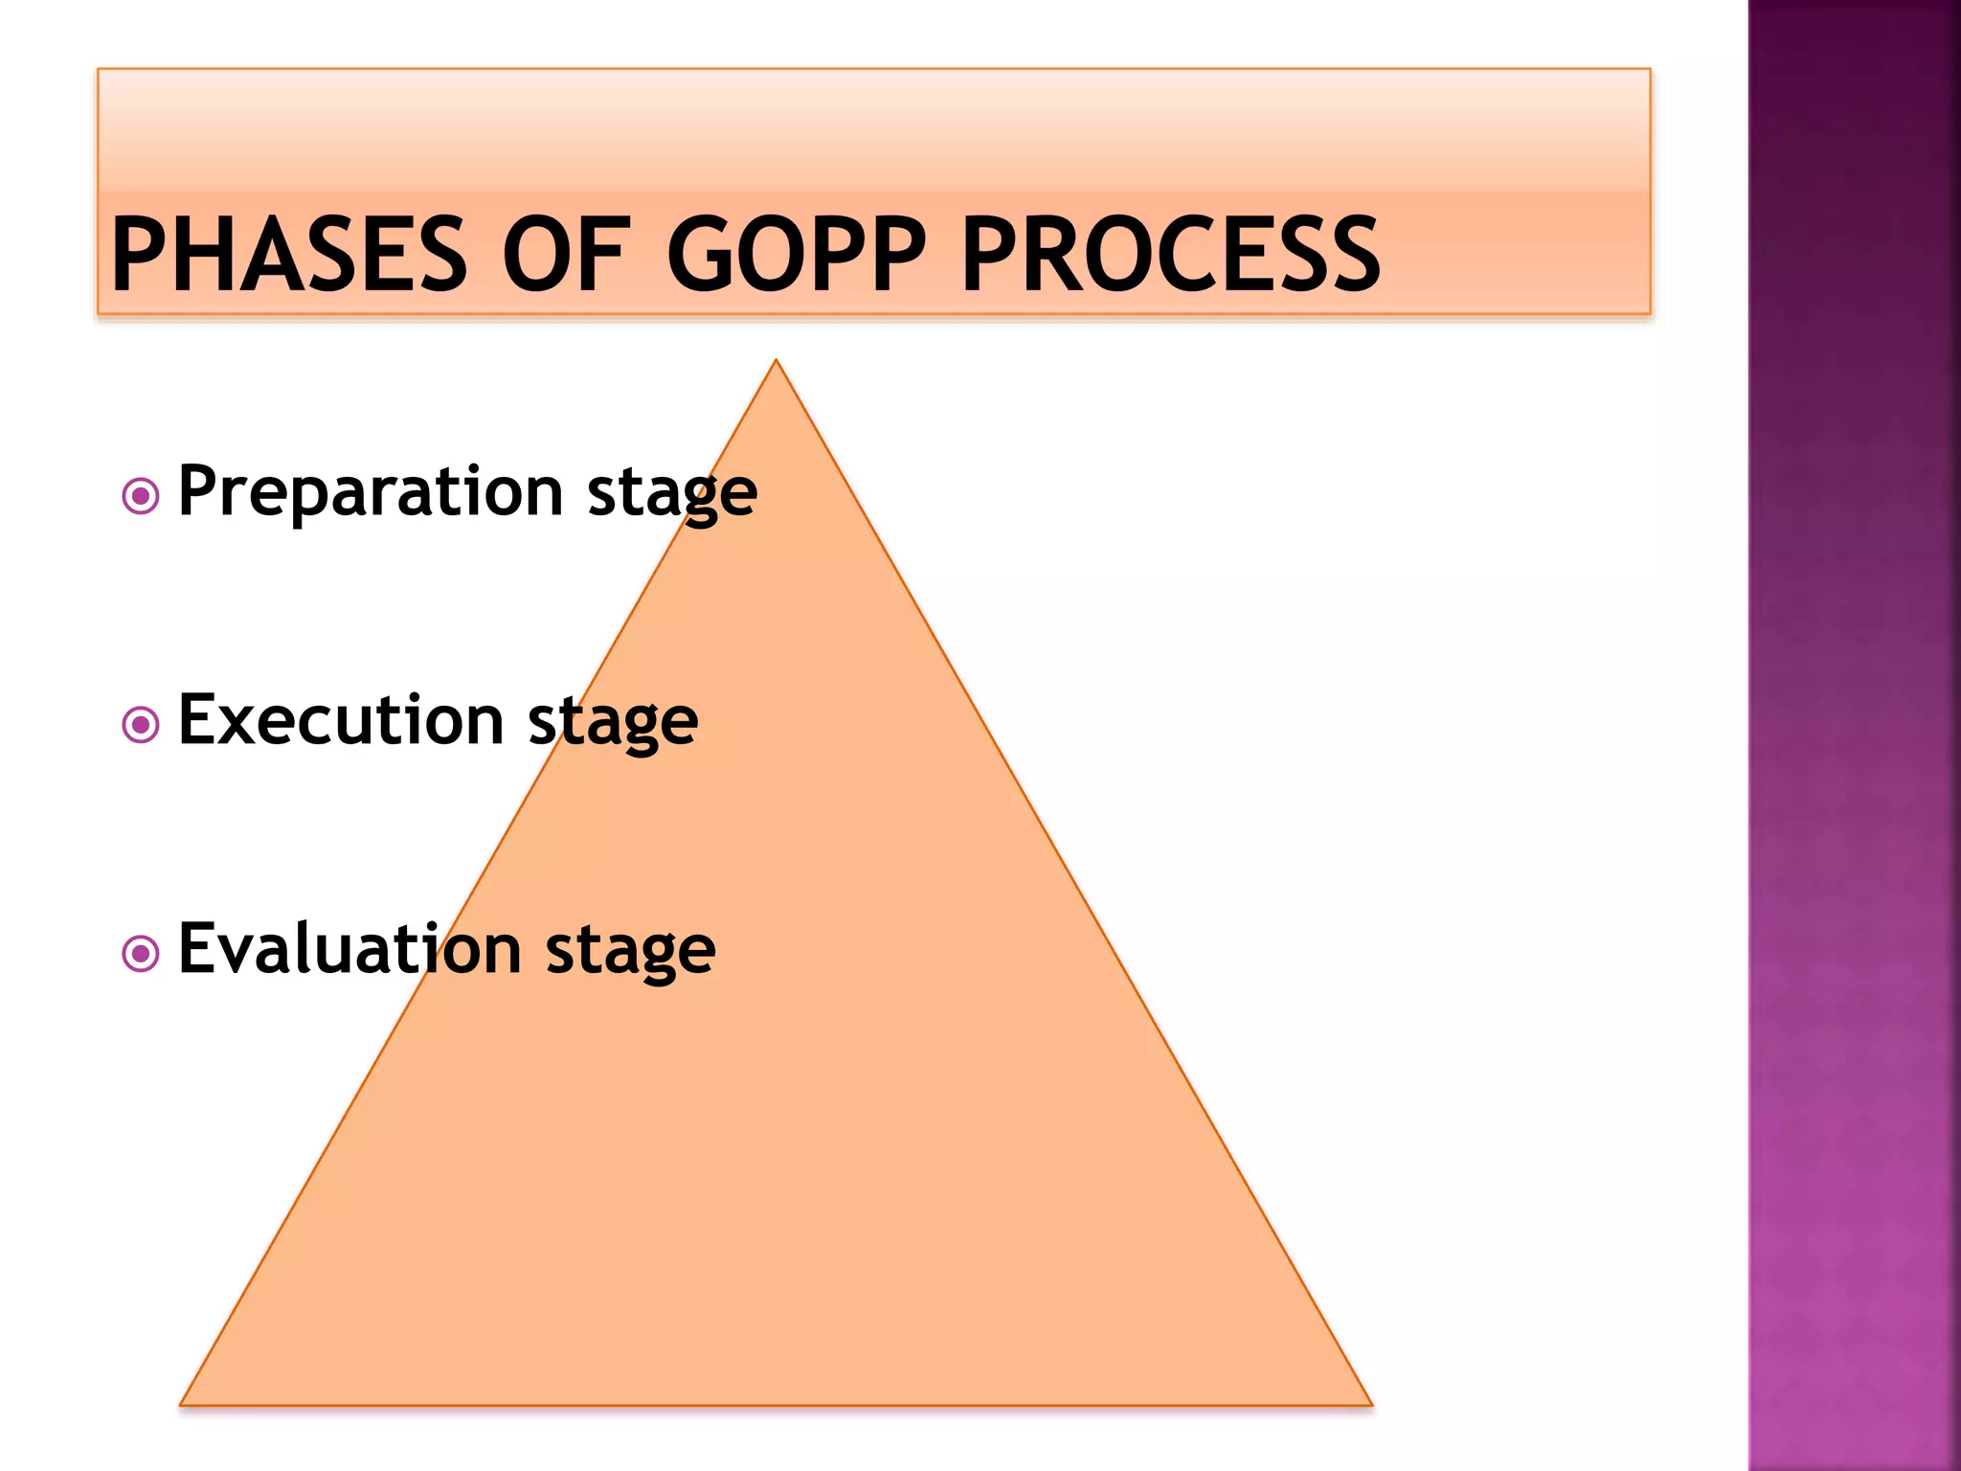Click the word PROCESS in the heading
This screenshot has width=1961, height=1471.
pyautogui.click(x=1170, y=254)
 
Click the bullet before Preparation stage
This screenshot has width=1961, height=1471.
pyautogui.click(x=141, y=496)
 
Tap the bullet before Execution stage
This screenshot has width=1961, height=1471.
pyautogui.click(x=141, y=725)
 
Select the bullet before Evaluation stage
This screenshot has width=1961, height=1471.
pyautogui.click(x=141, y=954)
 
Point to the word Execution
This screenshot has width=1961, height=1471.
pyautogui.click(x=341, y=720)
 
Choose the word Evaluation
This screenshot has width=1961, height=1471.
pyautogui.click(x=349, y=949)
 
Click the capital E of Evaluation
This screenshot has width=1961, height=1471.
pyautogui.click(x=199, y=948)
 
